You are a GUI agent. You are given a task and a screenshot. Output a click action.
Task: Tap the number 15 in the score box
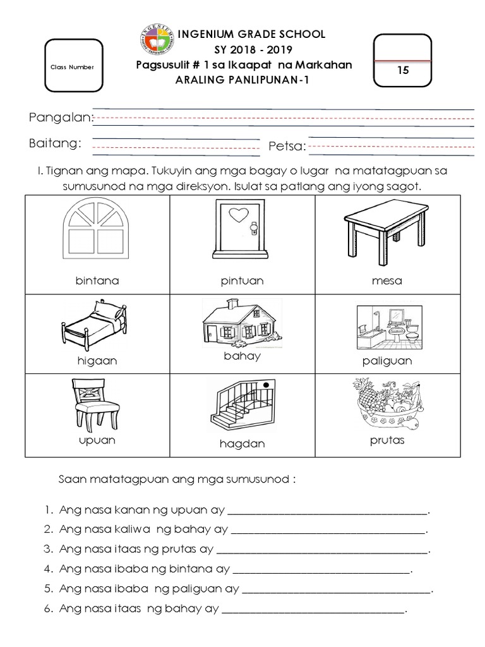pyautogui.click(x=403, y=70)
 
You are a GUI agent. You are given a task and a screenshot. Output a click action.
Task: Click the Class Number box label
pyautogui.click(x=73, y=67)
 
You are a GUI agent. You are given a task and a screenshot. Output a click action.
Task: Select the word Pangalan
pyautogui.click(x=61, y=118)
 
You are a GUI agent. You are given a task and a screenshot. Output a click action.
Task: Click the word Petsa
pyautogui.click(x=287, y=147)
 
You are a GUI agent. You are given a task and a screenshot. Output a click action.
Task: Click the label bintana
pyautogui.click(x=97, y=281)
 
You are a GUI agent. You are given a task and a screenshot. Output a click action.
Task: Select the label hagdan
pyautogui.click(x=242, y=444)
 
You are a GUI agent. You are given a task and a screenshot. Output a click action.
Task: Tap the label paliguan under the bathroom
pyautogui.click(x=387, y=361)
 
